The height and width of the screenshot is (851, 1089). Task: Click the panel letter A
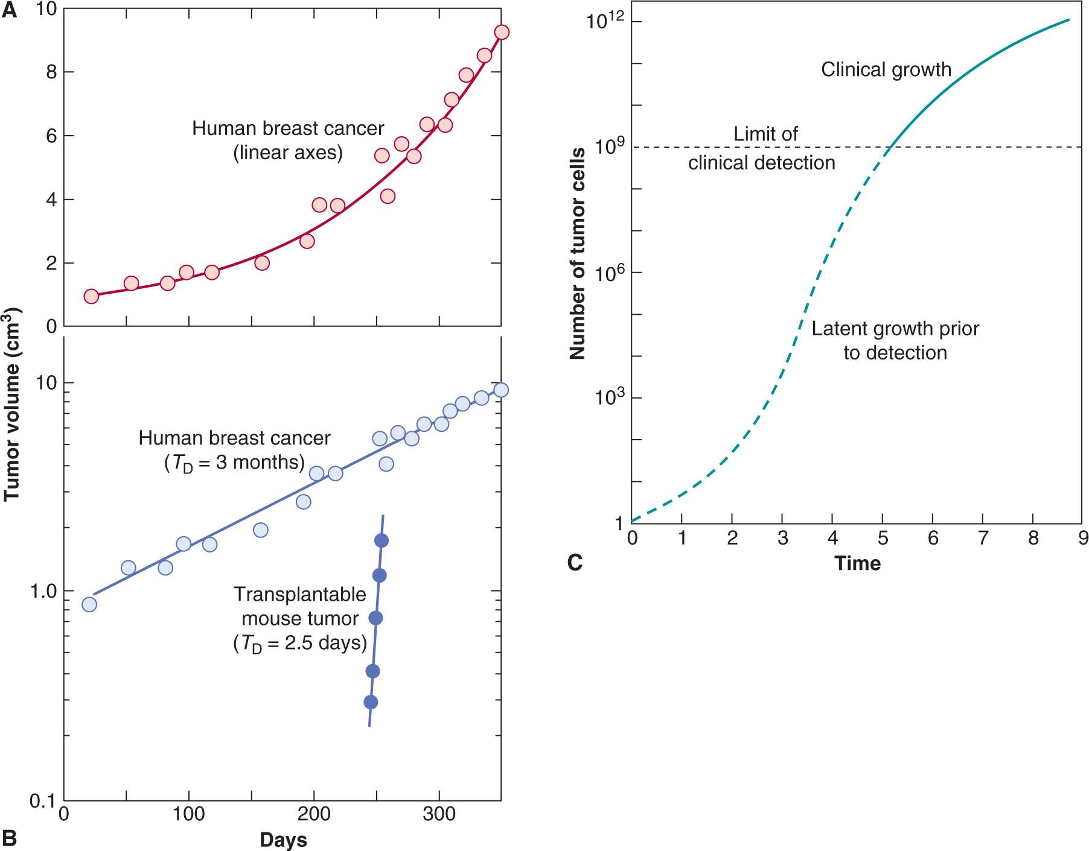coord(9,10)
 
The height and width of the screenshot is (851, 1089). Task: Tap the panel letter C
coord(575,563)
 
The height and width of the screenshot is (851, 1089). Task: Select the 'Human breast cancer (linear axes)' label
coord(288,141)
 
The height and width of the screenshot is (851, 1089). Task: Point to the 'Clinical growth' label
coord(886,70)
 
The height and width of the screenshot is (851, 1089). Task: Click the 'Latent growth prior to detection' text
coord(895,341)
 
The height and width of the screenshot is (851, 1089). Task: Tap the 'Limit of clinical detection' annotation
coord(762,148)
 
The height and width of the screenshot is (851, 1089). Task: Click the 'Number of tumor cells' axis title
coord(578,253)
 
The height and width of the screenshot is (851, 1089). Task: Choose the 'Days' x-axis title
coord(283,840)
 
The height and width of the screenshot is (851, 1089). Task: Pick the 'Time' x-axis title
coord(857,563)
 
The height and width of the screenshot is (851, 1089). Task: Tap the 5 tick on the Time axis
coord(883,538)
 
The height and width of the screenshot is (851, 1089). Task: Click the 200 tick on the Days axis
coord(314,815)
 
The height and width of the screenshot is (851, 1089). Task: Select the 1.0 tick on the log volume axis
coord(43,592)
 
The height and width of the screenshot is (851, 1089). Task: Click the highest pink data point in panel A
coord(501,33)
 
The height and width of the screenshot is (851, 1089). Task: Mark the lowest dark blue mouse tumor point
coord(371,702)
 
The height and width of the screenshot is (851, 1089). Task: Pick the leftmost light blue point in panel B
coord(89,604)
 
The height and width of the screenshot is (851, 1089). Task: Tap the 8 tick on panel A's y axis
coord(51,72)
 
